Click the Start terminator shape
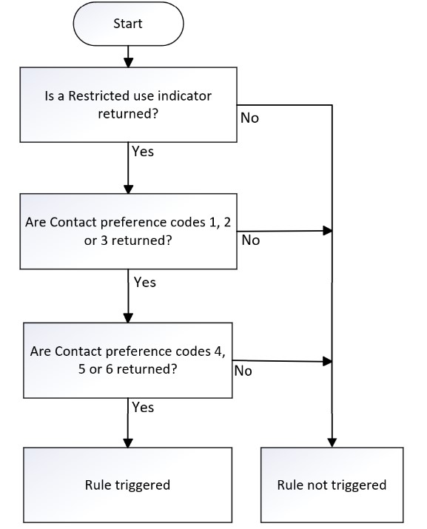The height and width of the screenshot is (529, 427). [x=128, y=24]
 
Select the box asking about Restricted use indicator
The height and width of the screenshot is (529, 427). [x=128, y=104]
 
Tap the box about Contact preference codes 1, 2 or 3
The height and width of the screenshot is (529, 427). [x=128, y=232]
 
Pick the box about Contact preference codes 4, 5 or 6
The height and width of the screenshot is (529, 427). [x=128, y=360]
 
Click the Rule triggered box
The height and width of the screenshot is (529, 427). [x=127, y=485]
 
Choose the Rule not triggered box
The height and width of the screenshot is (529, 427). [x=332, y=485]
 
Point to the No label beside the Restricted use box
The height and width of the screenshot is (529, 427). [x=250, y=118]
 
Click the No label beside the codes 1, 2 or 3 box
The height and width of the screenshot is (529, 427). [x=251, y=240]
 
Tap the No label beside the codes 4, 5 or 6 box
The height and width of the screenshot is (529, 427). [x=243, y=371]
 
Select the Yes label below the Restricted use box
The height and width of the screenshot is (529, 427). [x=143, y=152]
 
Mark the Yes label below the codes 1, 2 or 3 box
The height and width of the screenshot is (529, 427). [x=145, y=282]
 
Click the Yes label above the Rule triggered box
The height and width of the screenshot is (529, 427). [x=143, y=407]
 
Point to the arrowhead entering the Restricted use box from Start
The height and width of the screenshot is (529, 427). [x=128, y=63]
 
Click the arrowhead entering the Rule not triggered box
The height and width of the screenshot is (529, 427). [x=332, y=442]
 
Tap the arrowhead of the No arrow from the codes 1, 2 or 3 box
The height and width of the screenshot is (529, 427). [x=328, y=231]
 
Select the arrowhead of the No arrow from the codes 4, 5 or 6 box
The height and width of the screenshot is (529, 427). [x=328, y=361]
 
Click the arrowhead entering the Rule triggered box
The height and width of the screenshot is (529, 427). [x=128, y=442]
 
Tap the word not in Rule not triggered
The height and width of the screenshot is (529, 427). [x=317, y=485]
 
